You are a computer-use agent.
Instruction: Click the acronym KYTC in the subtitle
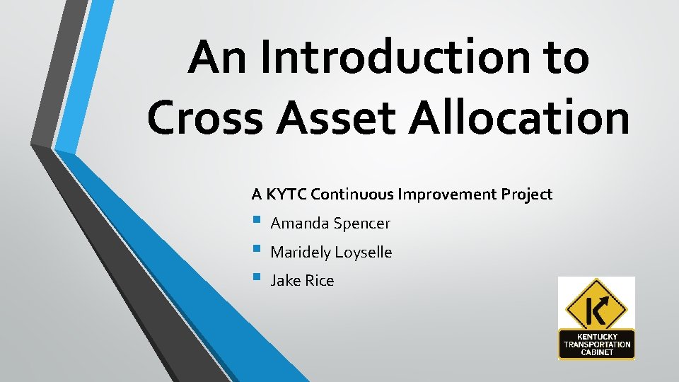click(285, 194)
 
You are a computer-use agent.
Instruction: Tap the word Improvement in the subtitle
click(451, 194)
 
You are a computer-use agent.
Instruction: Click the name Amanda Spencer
click(330, 224)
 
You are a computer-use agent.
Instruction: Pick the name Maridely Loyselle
click(331, 252)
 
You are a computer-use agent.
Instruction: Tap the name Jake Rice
click(302, 281)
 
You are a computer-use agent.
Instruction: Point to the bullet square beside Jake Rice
click(255, 278)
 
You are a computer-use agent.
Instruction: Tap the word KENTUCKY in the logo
click(596, 337)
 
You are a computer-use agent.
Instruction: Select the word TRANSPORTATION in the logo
click(596, 345)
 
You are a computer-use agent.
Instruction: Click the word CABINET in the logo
click(596, 352)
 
